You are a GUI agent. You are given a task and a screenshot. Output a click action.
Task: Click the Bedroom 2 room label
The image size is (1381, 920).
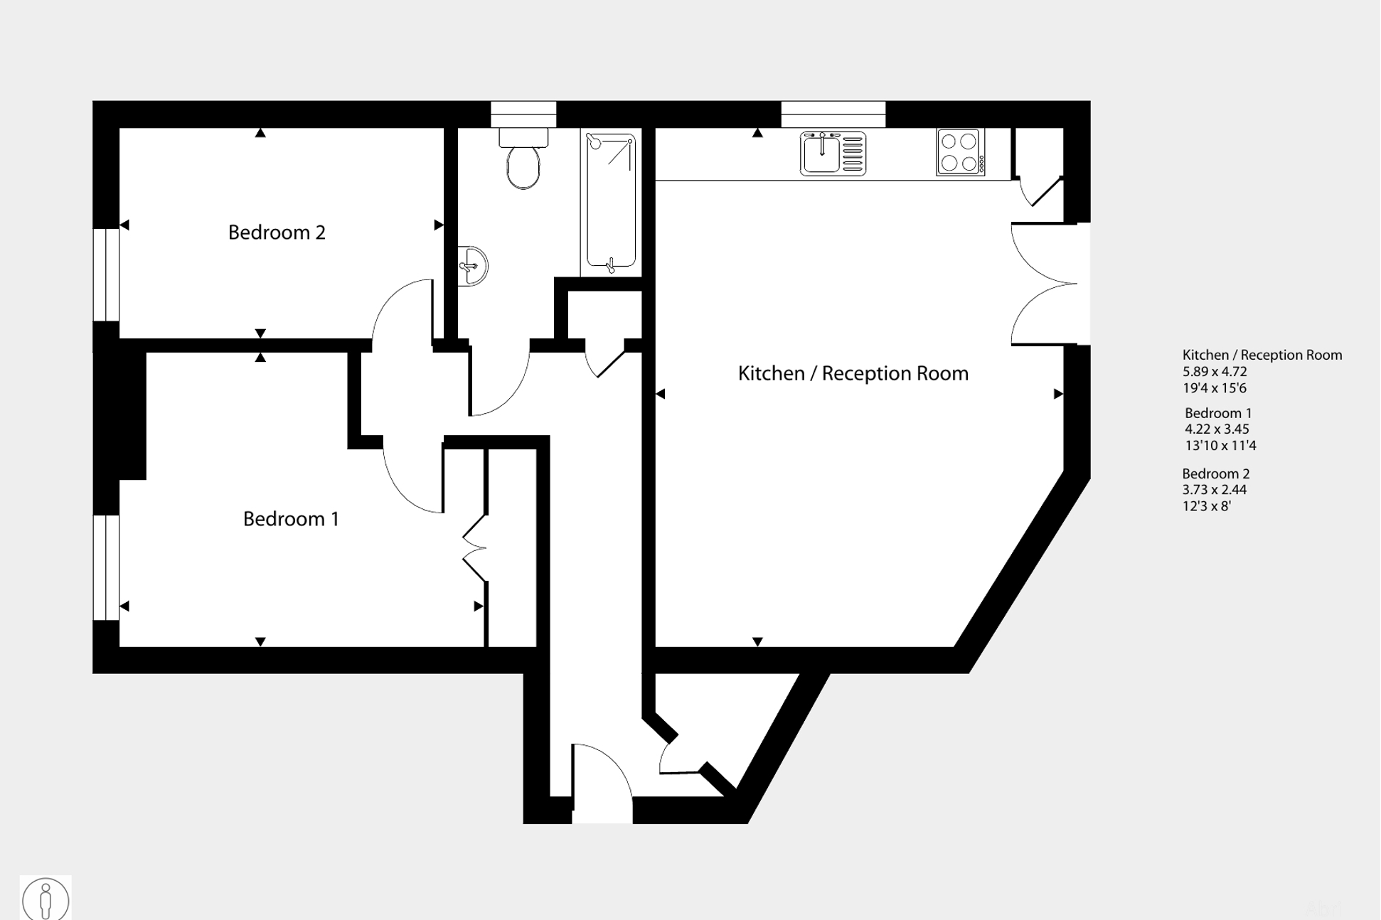(277, 232)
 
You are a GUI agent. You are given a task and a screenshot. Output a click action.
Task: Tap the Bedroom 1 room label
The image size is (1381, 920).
(291, 519)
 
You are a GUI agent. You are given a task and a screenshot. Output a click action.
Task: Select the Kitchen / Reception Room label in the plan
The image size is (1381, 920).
(853, 373)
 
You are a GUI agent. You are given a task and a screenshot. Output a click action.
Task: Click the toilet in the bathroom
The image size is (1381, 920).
(523, 159)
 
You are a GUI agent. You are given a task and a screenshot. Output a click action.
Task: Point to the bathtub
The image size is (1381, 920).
(611, 203)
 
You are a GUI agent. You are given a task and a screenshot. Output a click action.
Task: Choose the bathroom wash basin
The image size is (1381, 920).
(472, 266)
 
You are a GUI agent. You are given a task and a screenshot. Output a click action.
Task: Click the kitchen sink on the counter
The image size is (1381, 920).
(833, 153)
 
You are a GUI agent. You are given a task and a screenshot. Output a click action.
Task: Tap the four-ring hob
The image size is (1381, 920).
(961, 152)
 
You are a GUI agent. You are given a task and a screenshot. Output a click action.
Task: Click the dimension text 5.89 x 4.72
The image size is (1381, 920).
(1215, 371)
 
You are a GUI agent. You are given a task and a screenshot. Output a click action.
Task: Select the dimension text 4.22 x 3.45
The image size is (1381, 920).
(1217, 429)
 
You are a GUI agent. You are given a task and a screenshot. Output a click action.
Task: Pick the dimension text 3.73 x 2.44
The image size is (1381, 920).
(1215, 489)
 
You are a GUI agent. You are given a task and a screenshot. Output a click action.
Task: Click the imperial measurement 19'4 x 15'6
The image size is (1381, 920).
(1215, 388)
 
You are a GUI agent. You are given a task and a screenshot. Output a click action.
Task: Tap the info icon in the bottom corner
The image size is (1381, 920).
(46, 899)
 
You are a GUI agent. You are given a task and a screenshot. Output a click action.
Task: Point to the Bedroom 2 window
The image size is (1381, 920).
(107, 274)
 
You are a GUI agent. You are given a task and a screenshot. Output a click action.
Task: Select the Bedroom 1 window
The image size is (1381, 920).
(107, 567)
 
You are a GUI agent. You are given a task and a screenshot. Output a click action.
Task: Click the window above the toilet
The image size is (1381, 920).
(523, 114)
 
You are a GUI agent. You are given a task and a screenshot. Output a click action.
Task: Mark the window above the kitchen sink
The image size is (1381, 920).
(833, 114)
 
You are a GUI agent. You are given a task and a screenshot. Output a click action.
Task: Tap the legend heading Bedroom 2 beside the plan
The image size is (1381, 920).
(1216, 474)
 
